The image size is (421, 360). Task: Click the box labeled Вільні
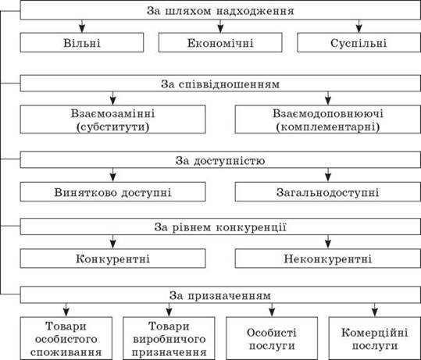[82, 42]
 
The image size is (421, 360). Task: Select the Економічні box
[220, 42]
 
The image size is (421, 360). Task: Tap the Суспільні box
[359, 42]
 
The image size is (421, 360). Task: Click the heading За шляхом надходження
[220, 11]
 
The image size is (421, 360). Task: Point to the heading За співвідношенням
[220, 84]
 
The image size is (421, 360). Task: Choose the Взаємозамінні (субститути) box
[112, 119]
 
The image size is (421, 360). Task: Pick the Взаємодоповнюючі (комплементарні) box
[328, 119]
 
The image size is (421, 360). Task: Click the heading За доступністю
[220, 160]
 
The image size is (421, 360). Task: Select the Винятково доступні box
[112, 191]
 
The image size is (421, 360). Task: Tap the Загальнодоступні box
[328, 191]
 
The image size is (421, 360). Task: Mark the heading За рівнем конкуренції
[220, 226]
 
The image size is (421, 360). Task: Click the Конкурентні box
[112, 258]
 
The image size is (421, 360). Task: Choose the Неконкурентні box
[328, 258]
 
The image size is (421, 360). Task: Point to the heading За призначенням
[220, 294]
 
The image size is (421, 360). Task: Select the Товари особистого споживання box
[66, 338]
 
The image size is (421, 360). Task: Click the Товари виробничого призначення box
[169, 338]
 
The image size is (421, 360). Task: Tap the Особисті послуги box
[272, 338]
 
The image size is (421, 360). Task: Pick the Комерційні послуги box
[375, 338]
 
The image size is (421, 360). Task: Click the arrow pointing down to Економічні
[220, 27]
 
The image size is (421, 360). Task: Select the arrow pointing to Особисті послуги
[272, 310]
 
